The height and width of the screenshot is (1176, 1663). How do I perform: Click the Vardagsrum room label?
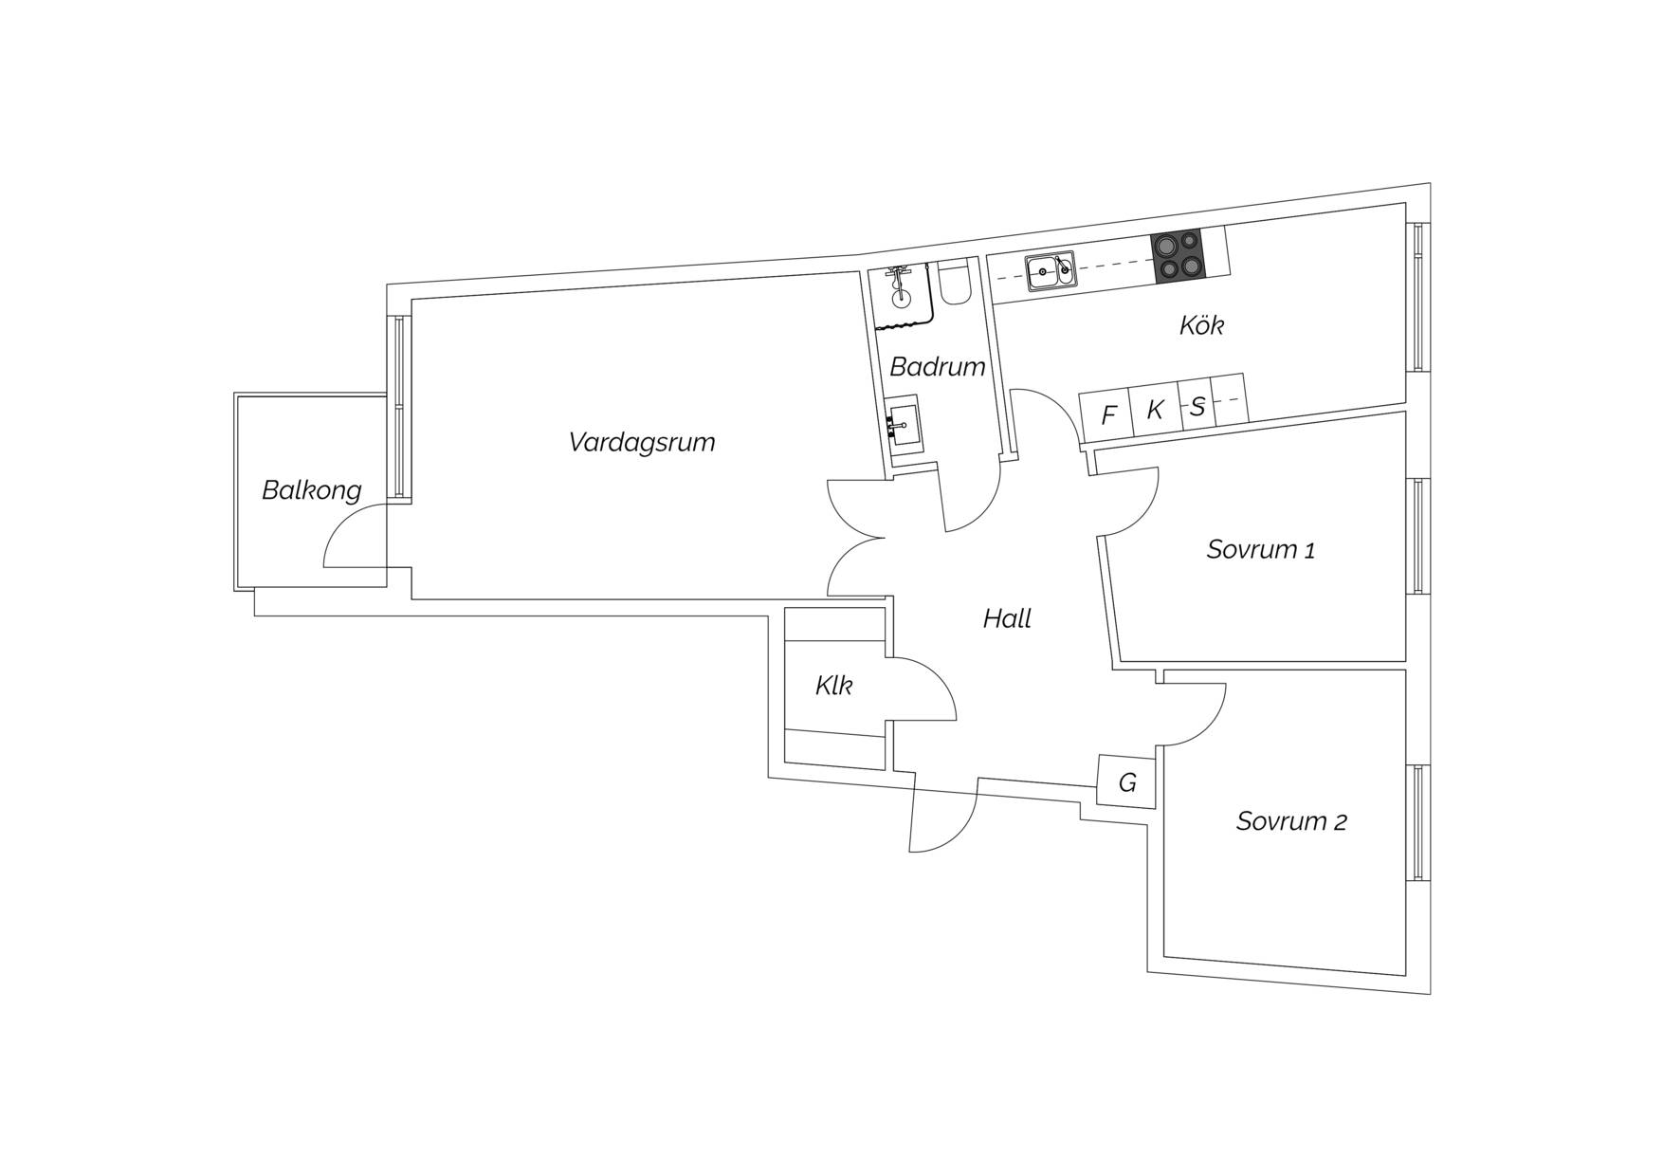(642, 443)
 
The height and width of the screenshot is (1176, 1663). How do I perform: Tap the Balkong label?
(312, 490)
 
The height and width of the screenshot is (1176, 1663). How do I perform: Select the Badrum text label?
(938, 367)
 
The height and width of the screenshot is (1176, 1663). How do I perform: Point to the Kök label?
(1201, 325)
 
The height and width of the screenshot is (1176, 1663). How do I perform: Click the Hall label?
(1007, 619)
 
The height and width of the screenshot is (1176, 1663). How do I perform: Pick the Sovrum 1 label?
(1260, 549)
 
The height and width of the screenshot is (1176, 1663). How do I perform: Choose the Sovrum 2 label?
(1291, 821)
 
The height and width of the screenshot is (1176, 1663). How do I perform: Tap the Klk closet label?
(833, 686)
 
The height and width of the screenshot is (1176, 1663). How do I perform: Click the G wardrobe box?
(1126, 781)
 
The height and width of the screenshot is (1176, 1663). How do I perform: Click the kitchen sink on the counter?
(1051, 270)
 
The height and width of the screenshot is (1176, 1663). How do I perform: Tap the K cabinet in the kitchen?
(1155, 410)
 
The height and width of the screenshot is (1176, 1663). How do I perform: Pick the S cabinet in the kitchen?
(1197, 406)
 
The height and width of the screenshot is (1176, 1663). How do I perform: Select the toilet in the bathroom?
(954, 281)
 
